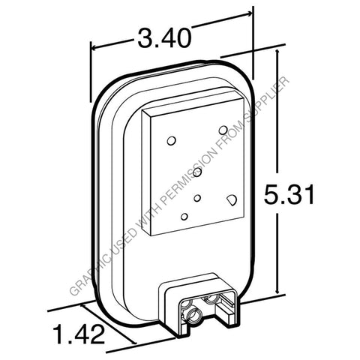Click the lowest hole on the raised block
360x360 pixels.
pos(184,217)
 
